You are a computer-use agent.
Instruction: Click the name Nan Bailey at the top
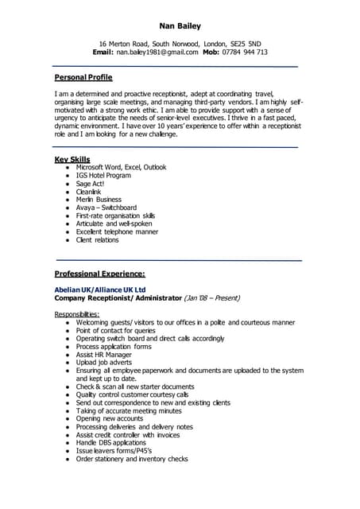(180, 25)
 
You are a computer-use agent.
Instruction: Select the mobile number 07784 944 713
(244, 52)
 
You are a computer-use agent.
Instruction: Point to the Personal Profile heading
(83, 77)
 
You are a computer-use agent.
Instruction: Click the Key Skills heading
(72, 160)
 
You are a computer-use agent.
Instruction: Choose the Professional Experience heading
(99, 274)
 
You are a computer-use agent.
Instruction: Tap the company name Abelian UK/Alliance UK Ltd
(100, 289)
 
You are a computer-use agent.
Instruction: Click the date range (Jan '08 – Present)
(212, 298)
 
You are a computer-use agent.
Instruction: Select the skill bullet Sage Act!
(90, 184)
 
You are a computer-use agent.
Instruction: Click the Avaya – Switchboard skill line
(106, 208)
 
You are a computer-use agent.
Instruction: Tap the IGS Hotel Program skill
(103, 176)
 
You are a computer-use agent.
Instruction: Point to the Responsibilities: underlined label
(77, 314)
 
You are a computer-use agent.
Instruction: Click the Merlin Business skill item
(99, 200)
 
